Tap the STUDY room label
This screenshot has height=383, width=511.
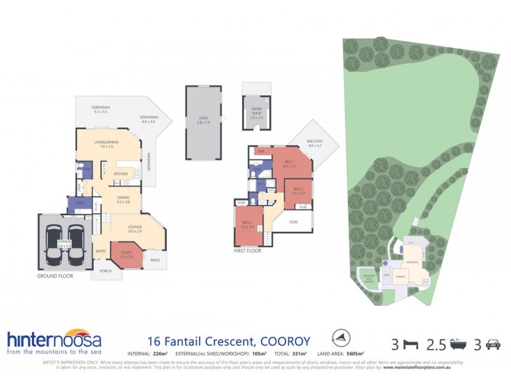pos(126,255)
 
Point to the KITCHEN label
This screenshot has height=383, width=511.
pos(121,174)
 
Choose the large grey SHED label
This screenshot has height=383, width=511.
pos(204,119)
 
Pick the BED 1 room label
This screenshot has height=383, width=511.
pos(289,163)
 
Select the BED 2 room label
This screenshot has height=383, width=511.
pos(248,225)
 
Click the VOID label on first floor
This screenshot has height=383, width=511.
pos(294,222)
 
